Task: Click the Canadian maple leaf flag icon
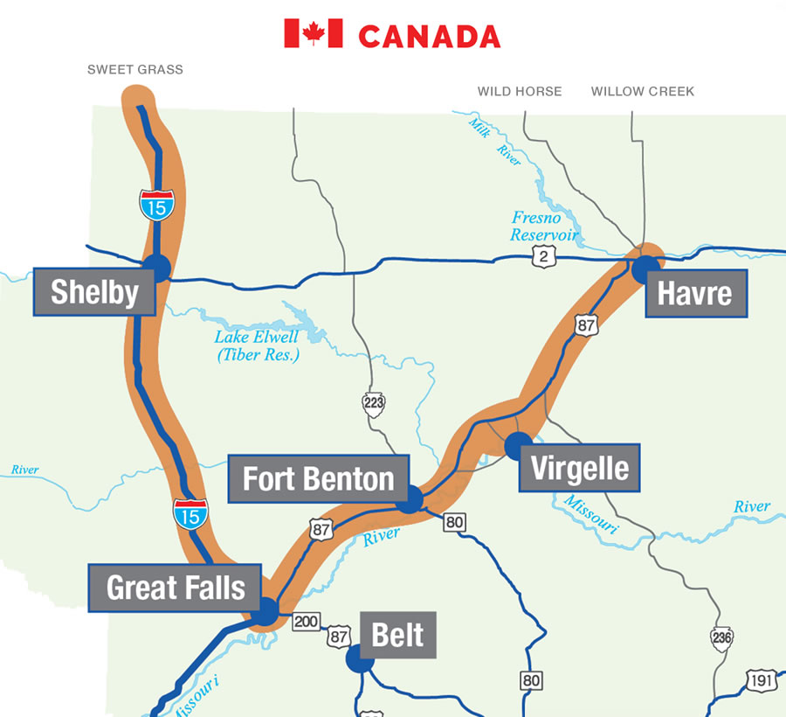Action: coord(314,34)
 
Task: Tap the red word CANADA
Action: coord(429,37)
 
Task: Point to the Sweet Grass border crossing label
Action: coord(135,69)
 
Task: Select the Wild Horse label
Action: coord(520,91)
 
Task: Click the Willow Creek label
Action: coord(643,91)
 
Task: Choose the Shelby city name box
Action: coord(94,292)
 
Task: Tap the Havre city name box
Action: coord(695,292)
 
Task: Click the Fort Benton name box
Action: coord(318,479)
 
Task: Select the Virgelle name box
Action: coord(580,468)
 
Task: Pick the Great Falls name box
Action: coord(176,588)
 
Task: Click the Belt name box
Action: coord(397,635)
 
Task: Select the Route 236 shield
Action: coord(721,639)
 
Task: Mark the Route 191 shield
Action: coord(762,680)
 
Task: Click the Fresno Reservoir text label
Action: coord(544,226)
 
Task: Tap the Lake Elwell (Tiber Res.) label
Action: coord(258,345)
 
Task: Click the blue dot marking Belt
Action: coord(359,658)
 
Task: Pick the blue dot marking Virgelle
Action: coord(518,445)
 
